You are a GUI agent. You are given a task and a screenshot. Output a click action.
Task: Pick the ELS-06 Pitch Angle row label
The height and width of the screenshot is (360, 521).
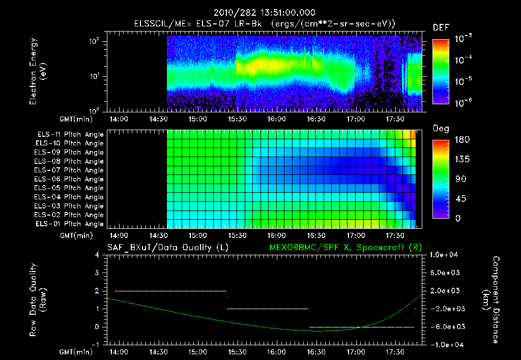(x=69, y=179)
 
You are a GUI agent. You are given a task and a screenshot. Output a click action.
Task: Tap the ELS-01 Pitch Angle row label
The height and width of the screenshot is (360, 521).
(x=69, y=224)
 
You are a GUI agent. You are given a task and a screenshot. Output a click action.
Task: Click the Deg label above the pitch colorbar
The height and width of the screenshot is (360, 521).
(x=441, y=129)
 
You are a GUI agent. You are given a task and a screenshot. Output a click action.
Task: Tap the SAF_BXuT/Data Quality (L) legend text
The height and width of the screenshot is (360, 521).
(x=167, y=247)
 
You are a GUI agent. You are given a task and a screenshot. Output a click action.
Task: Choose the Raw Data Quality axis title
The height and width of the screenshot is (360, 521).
(x=38, y=300)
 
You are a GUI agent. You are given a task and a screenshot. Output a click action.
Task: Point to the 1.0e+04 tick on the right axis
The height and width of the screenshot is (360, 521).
(x=445, y=255)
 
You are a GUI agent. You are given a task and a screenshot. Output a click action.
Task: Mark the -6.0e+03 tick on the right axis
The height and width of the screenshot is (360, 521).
(x=445, y=327)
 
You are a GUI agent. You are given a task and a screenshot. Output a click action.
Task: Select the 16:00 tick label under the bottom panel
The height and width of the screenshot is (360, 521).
(x=276, y=352)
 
